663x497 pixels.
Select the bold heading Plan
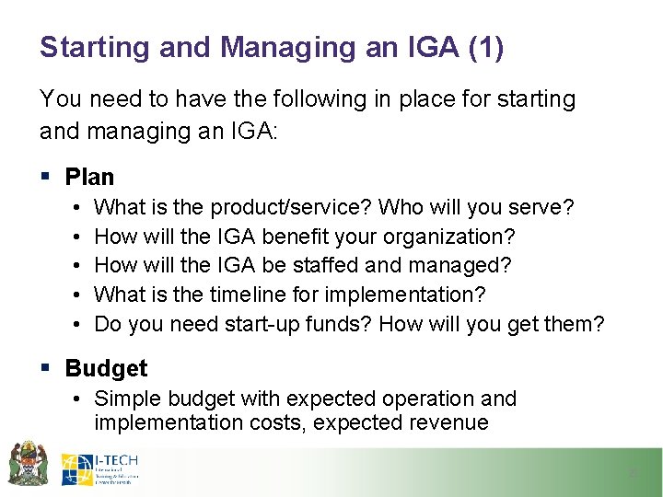89,177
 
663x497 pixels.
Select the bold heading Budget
106,368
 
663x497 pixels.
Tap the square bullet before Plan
46,177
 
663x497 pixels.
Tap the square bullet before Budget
46,368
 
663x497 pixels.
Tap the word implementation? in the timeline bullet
406,295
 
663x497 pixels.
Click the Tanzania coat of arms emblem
28,463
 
